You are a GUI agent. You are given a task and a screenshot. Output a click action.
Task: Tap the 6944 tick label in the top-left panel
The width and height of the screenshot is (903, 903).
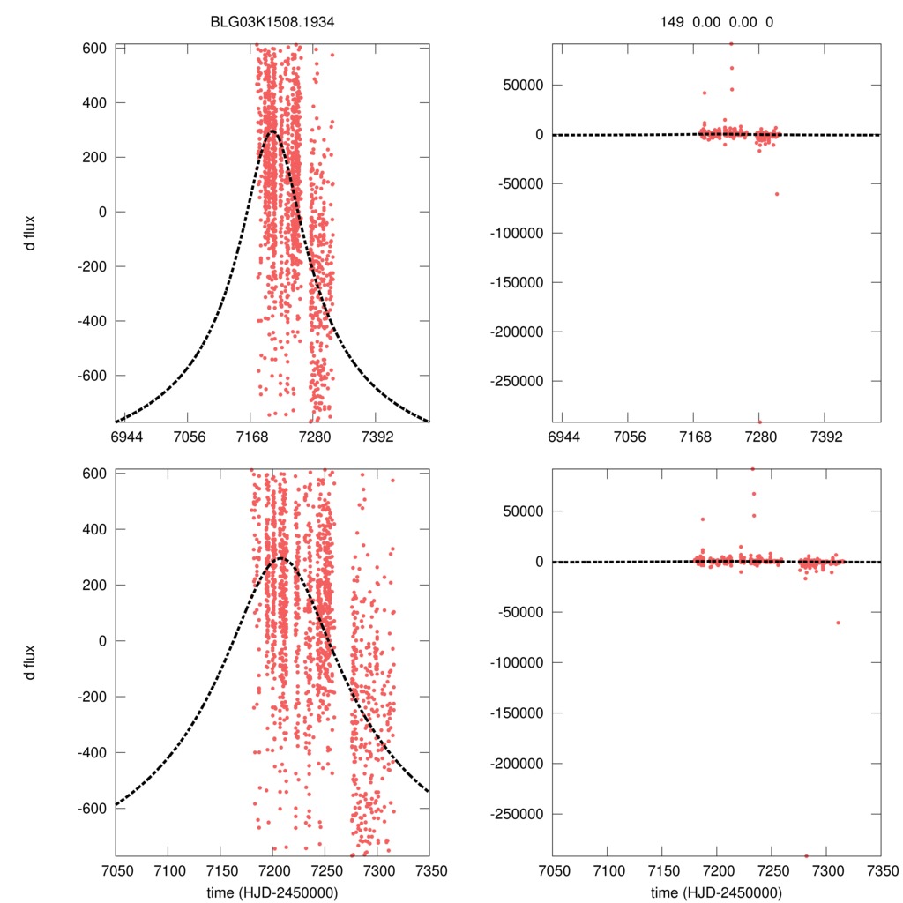pos(126,437)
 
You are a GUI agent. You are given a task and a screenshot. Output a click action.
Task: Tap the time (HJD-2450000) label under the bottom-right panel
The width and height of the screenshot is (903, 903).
pos(716,892)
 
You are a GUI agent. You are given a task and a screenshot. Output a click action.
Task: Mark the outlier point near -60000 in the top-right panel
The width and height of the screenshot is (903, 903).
pos(777,194)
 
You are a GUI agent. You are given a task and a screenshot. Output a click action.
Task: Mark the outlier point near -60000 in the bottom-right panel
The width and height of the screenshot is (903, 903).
pos(838,623)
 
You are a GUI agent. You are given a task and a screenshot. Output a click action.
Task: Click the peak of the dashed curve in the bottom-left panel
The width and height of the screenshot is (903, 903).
pos(281,558)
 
